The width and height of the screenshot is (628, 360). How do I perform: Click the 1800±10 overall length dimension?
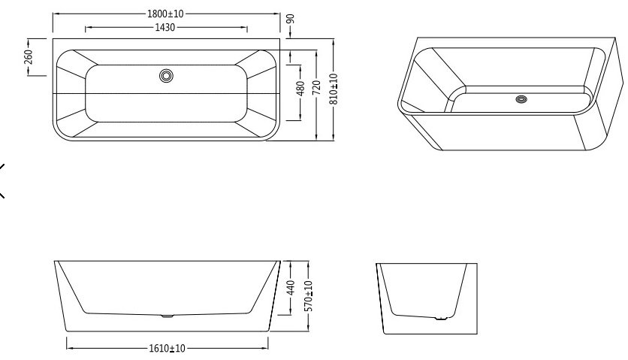(165, 14)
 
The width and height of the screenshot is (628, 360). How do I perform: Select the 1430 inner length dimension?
(165, 27)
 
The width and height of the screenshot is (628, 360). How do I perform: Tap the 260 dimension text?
(29, 57)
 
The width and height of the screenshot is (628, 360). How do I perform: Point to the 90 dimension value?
(291, 19)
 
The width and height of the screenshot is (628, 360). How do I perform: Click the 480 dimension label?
(300, 89)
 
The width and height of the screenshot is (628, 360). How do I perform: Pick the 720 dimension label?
(316, 88)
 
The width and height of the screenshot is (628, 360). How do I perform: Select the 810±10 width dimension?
(334, 89)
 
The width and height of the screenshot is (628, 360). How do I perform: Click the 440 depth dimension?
(291, 287)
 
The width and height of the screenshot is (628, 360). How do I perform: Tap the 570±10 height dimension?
(309, 296)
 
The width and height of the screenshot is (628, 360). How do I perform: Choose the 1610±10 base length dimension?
(167, 349)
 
